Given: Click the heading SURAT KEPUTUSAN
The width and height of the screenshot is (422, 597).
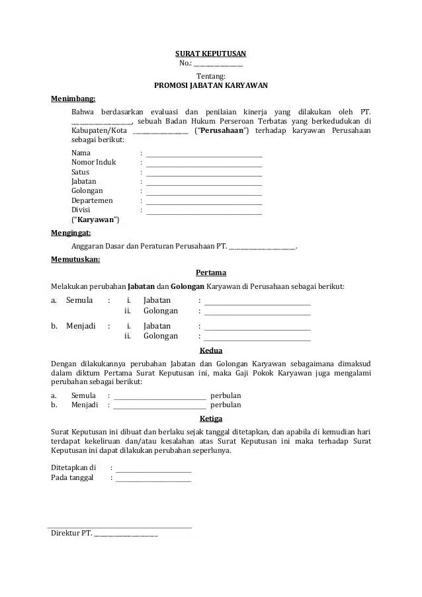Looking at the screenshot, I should [210, 53].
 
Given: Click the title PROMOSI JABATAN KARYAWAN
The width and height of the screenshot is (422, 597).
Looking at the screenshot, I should [210, 85].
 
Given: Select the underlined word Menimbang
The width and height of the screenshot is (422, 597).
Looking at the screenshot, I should [73, 99].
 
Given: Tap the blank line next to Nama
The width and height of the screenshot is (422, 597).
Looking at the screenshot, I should [204, 153].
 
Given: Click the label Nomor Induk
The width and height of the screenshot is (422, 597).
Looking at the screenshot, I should [93, 162].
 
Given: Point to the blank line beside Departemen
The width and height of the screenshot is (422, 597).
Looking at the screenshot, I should [204, 200].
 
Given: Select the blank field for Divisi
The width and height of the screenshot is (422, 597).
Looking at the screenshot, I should [204, 210].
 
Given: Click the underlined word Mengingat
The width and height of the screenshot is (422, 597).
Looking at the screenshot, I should [71, 233].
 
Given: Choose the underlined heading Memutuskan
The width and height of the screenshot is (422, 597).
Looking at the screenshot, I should [75, 259].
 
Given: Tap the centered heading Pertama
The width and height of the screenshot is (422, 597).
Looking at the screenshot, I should [211, 272].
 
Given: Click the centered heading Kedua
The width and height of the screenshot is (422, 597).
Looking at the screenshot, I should [211, 350].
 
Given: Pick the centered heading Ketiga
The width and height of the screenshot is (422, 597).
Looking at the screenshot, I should [211, 418].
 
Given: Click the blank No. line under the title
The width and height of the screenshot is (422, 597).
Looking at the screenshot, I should [218, 63].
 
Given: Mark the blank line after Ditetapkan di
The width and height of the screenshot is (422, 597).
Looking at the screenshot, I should [153, 467].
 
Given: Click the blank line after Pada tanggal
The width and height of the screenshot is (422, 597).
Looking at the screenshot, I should [153, 477].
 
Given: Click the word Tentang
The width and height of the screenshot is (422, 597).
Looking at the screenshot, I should [211, 76].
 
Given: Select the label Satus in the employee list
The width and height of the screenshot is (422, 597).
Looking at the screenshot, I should [80, 172].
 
